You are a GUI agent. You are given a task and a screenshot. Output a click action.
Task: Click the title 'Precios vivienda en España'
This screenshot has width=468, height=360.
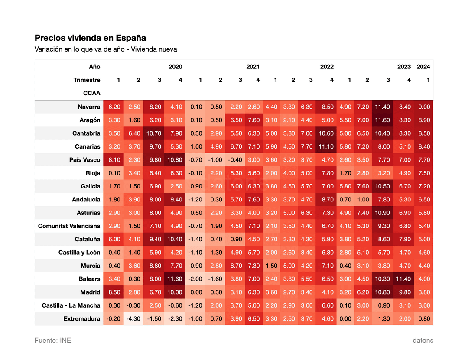tap(90, 38)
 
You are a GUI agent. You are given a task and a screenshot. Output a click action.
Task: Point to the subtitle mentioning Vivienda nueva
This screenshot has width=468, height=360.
tap(106, 49)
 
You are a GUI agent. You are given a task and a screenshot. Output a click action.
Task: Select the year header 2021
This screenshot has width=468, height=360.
tap(253, 67)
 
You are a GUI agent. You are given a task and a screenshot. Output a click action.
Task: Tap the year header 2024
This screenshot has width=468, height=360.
tap(423, 67)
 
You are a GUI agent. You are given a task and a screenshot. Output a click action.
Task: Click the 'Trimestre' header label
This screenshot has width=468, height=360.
tap(87, 80)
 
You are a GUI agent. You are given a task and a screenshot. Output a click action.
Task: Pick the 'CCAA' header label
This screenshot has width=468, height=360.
tap(91, 93)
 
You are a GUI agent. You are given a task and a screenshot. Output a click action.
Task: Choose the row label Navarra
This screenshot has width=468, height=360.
tap(89, 107)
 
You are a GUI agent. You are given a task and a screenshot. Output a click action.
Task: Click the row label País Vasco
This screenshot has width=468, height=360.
tap(85, 160)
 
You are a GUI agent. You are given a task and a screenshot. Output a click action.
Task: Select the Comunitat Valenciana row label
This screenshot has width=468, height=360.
tap(69, 226)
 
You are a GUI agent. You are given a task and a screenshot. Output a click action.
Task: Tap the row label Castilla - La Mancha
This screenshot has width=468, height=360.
tap(71, 305)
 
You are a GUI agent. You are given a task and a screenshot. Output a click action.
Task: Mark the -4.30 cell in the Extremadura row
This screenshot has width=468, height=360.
tap(133, 318)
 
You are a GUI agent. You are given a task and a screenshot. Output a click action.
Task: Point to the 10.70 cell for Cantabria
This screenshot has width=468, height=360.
tap(154, 133)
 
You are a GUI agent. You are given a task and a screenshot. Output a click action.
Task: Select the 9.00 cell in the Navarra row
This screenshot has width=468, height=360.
tap(424, 107)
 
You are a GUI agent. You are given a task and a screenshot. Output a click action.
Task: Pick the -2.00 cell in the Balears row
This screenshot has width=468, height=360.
tap(195, 279)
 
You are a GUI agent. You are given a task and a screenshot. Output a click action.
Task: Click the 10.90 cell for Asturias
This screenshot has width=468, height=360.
tap(382, 213)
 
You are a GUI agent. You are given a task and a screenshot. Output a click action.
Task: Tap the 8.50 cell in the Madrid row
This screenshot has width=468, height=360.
tap(114, 292)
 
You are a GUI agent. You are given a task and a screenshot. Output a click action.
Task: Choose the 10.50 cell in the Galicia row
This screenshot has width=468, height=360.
tap(382, 186)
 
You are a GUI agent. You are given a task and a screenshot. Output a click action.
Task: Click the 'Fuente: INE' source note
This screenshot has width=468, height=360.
tap(53, 341)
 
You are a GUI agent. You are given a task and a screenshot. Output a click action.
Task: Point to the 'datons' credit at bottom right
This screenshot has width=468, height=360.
tap(423, 341)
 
